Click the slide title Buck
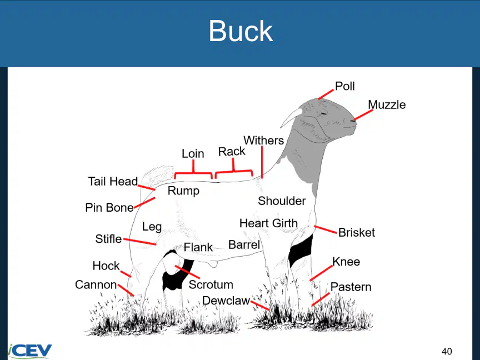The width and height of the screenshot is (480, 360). pos(241,31)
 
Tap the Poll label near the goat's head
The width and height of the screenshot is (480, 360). pos(345,86)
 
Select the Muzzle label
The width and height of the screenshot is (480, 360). pos(387,104)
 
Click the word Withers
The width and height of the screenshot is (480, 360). pos(263,141)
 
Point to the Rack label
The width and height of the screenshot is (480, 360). pos(232,151)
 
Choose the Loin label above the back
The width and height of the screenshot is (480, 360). pos(193,153)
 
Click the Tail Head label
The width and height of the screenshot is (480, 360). pos(113,181)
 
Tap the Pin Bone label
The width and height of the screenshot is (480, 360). pos(109,207)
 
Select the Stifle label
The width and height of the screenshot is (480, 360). pos(108,239)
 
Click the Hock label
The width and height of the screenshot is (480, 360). pos(106,266)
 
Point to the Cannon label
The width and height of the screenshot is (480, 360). pos(96,284)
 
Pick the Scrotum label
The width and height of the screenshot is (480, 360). pos(211,284)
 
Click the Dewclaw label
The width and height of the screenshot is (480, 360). pos(226,301)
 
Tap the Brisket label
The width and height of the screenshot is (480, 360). pos(357,233)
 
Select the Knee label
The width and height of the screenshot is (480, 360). pos(346,262)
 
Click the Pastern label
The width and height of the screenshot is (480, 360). pos(351,287)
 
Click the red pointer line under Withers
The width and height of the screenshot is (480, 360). pos(262,162)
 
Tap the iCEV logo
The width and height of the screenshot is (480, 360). pos(29,351)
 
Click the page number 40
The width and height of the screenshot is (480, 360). pos(447,351)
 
